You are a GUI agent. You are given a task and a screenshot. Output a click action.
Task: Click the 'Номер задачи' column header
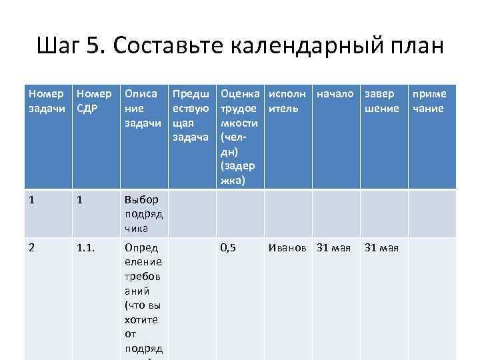coord(47,101)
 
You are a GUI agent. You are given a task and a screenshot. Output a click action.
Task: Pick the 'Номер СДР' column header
coord(94,101)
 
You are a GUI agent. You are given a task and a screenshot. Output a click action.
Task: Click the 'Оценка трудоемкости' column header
coord(239,137)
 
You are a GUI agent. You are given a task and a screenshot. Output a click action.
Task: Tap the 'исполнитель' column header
coord(287,101)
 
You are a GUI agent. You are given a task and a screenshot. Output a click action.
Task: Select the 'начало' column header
coord(335,94)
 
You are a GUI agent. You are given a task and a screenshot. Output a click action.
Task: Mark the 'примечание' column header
coord(429,101)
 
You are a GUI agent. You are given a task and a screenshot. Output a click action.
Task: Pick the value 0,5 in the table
coord(228,247)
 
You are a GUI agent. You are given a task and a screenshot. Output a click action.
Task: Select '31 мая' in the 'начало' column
coord(333,248)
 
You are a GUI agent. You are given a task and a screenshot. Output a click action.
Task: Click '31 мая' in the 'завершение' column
coord(381,248)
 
